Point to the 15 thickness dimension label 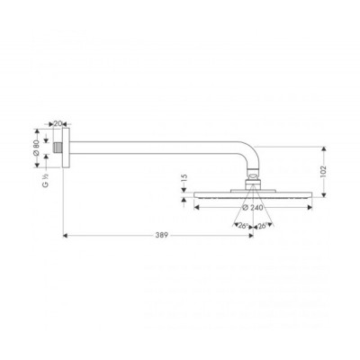tap(182, 179)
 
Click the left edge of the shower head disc tap(195, 193)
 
